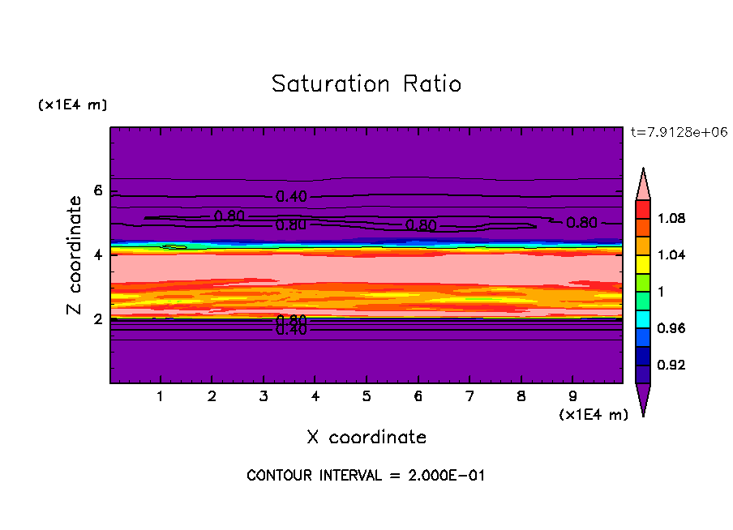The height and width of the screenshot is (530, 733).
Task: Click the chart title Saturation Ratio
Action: pyautogui.click(x=366, y=84)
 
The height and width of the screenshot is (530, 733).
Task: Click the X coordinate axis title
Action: pyautogui.click(x=366, y=438)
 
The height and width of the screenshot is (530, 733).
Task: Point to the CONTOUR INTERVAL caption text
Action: pyautogui.click(x=366, y=476)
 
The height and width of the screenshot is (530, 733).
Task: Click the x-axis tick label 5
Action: pyautogui.click(x=366, y=397)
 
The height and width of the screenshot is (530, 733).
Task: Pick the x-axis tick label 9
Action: pyautogui.click(x=572, y=397)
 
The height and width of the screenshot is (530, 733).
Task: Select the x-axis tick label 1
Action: pyautogui.click(x=161, y=397)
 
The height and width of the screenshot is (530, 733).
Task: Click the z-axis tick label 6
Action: pyautogui.click(x=98, y=190)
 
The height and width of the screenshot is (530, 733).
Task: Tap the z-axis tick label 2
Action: pyautogui.click(x=98, y=318)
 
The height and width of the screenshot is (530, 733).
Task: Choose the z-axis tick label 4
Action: pyautogui.click(x=98, y=254)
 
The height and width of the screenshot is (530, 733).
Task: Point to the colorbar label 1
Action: pyautogui.click(x=662, y=292)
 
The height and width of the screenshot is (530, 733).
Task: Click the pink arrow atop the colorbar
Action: pyautogui.click(x=643, y=183)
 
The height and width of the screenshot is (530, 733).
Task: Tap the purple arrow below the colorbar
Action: pyautogui.click(x=643, y=399)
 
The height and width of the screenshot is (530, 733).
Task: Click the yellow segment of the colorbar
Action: pyautogui.click(x=643, y=264)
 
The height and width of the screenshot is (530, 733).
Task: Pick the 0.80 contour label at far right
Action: pyautogui.click(x=582, y=223)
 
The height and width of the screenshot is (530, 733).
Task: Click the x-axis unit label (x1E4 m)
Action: pyautogui.click(x=594, y=415)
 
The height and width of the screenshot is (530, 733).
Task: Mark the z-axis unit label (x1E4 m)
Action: pyautogui.click(x=72, y=105)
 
